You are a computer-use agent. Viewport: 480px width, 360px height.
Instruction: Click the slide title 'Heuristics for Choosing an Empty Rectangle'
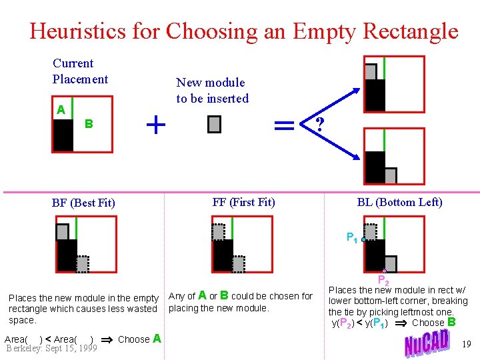click(243, 31)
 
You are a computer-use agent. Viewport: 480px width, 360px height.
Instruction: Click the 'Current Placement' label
click(80, 71)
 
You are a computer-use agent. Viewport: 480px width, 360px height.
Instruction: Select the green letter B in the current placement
click(89, 124)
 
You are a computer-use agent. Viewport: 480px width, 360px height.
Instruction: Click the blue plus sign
click(155, 124)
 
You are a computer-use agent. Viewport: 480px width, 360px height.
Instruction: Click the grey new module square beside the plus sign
click(214, 124)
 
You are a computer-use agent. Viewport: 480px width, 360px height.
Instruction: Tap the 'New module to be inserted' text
click(212, 91)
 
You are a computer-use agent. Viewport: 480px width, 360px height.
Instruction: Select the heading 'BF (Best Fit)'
click(83, 203)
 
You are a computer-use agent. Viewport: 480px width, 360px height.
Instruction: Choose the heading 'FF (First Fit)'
click(243, 202)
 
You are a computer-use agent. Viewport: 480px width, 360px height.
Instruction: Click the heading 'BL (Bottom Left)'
click(399, 202)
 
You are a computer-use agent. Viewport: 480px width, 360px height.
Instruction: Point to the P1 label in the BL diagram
click(351, 237)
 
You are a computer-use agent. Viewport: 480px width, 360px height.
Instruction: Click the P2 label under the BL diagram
click(383, 280)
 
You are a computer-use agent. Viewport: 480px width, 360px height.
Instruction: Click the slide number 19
click(466, 345)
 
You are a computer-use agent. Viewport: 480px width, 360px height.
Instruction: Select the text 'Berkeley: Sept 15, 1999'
click(51, 347)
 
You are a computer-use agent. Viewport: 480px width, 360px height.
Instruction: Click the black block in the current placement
click(63, 135)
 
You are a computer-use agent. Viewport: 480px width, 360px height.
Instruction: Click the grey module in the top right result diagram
click(371, 71)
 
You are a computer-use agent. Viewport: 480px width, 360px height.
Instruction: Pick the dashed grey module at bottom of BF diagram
click(82, 265)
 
